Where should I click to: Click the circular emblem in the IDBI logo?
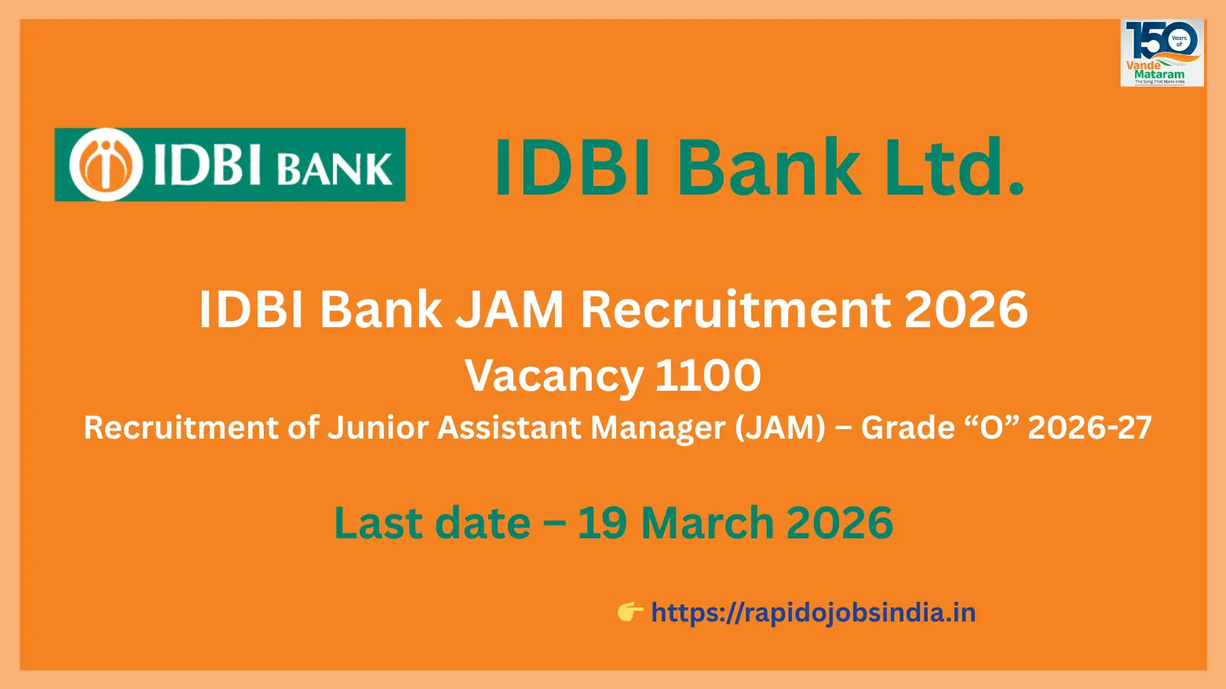[x=106, y=165]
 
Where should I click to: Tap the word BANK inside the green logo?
[x=335, y=169]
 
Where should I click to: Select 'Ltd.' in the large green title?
[x=954, y=167]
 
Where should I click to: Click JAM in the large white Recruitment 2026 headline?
[x=510, y=309]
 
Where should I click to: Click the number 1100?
[x=708, y=375]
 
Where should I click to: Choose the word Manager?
[x=658, y=428]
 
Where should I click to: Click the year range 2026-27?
[x=1089, y=428]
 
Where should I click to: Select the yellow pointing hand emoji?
[x=629, y=612]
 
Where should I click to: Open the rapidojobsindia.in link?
[x=813, y=613]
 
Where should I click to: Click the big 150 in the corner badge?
[x=1150, y=39]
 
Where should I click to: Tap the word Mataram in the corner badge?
[x=1159, y=75]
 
